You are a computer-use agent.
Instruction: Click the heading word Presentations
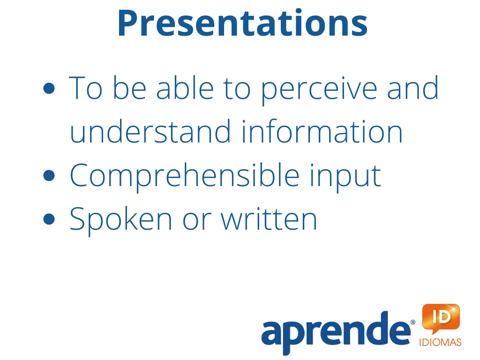tap(242, 23)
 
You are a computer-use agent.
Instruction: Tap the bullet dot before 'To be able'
tap(49, 89)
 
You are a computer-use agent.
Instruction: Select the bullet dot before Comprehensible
tap(49, 176)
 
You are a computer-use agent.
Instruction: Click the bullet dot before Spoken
tap(49, 219)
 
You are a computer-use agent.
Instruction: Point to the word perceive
tap(319, 91)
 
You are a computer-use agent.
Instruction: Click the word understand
tap(150, 131)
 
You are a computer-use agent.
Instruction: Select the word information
tap(322, 131)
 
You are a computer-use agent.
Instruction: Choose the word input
tap(345, 178)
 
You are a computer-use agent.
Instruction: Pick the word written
tap(269, 218)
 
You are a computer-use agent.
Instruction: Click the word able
tap(185, 88)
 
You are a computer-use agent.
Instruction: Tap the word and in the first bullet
tap(412, 88)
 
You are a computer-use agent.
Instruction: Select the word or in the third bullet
tap(196, 222)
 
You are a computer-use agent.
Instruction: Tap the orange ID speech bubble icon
tap(441, 318)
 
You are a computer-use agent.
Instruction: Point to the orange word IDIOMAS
tap(440, 342)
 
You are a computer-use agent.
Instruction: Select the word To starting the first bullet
tap(85, 88)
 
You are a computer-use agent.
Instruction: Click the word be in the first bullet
tap(129, 88)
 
